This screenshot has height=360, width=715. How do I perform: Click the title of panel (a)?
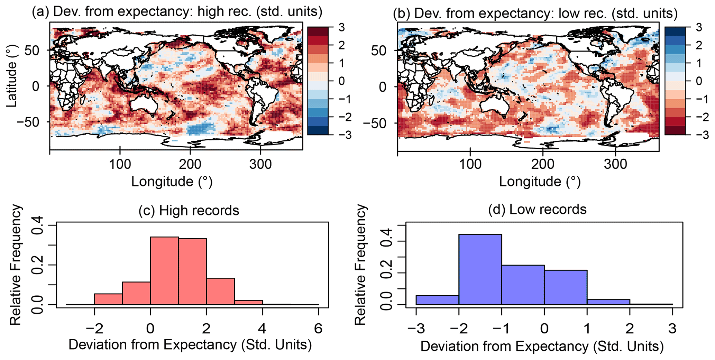pos(177,12)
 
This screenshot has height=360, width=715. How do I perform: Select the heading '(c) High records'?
pos(189,210)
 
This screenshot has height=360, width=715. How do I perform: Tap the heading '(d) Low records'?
pos(537,209)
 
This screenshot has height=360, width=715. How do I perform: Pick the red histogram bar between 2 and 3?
pos(220,291)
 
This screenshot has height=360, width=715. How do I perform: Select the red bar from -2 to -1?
pos(108,299)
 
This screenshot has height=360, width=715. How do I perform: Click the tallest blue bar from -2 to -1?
pos(480,269)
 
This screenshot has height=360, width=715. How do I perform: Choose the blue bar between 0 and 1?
pos(566,287)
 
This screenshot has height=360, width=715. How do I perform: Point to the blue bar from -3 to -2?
pos(437,300)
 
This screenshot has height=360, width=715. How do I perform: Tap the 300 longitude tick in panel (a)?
pos(260,164)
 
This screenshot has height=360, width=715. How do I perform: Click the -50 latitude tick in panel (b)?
pos(381,123)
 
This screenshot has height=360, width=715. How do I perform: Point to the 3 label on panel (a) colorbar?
pos(341,27)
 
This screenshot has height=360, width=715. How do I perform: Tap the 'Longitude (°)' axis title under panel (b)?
pos(539,182)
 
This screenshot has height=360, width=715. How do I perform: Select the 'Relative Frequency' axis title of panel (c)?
pos(16,265)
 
